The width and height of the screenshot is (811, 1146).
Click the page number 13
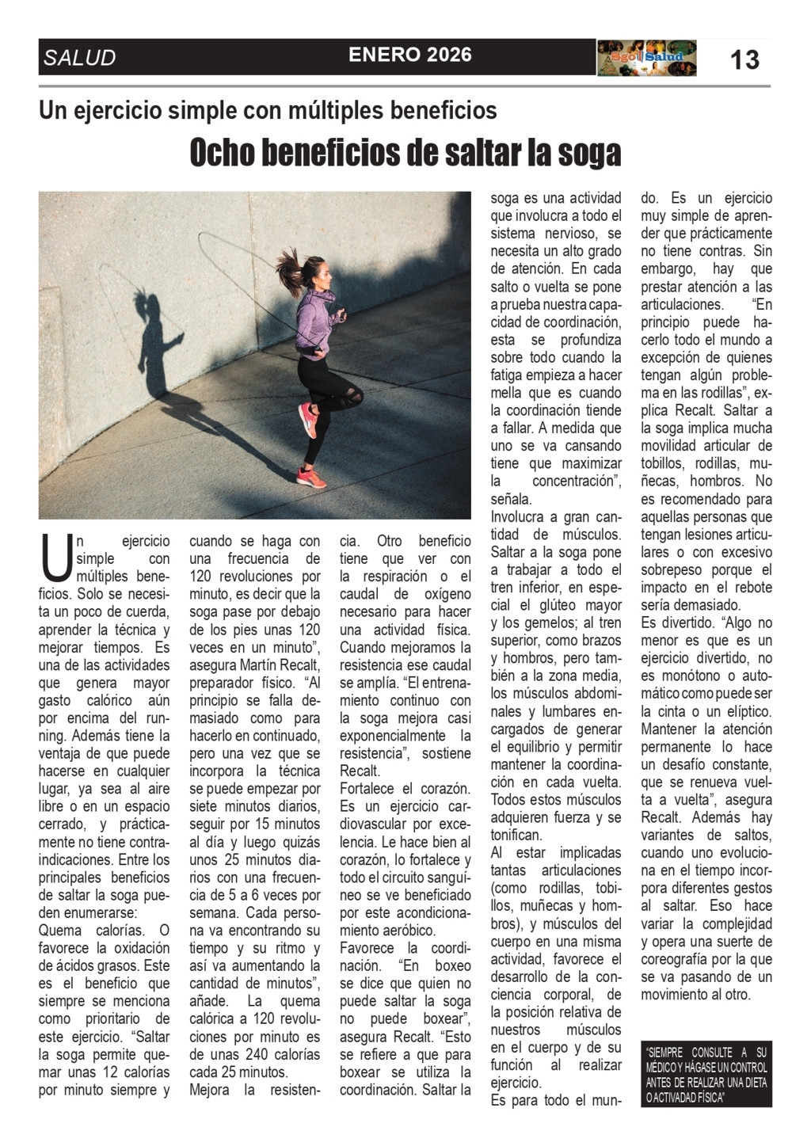pos(744,59)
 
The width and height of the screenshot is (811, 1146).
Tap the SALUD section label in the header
pos(80,58)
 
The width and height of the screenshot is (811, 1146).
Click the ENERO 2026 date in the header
pos(410,55)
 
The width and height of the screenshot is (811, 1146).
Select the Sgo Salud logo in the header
pos(646,58)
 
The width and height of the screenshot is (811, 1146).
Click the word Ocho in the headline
pos(223,153)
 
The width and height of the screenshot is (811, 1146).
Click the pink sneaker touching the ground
pos(310,475)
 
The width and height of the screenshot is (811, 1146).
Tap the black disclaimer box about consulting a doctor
pos(706,1074)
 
